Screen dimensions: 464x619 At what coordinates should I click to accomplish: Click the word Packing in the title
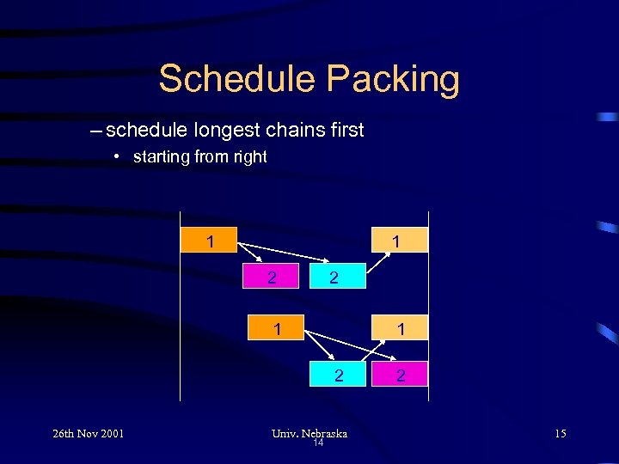pos(393,79)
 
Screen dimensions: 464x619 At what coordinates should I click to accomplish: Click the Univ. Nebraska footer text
pos(309,433)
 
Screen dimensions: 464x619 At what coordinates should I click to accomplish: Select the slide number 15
pos(560,433)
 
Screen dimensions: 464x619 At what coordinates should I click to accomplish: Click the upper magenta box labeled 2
pos(272,278)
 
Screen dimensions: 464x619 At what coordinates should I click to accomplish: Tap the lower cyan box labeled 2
pos(339,374)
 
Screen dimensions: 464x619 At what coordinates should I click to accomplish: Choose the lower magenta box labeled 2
pos(399,374)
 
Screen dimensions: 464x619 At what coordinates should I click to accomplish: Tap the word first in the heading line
pos(344,131)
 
